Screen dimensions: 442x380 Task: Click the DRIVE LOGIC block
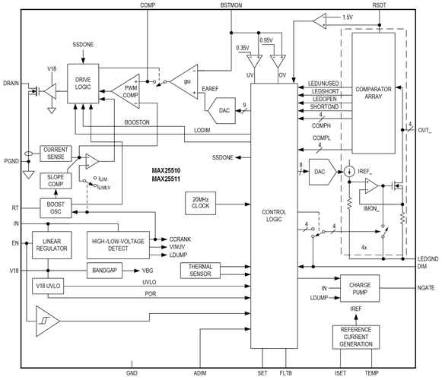coord(83,84)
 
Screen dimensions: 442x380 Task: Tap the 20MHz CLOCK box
coord(200,204)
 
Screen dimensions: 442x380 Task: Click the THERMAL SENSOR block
coord(200,271)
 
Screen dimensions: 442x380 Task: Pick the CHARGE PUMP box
coord(360,289)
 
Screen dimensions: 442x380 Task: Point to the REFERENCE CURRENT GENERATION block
coord(356,337)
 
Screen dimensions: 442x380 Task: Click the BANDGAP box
coord(104,271)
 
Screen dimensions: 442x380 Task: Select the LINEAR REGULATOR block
coord(52,245)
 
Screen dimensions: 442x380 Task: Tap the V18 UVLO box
coord(48,287)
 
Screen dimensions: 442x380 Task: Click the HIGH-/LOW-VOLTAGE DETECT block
coord(118,245)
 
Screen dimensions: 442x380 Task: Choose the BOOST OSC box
coord(56,208)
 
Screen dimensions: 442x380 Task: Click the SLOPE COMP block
coord(56,181)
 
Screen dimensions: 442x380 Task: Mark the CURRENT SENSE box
coord(56,154)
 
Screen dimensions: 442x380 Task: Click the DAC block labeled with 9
coord(222,111)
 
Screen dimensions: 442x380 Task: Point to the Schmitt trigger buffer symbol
coord(47,321)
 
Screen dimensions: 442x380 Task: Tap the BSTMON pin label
coord(231,5)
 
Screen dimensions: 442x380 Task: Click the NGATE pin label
coord(426,288)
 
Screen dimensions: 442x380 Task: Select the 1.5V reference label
coord(348,17)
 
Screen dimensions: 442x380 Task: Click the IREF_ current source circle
coord(349,171)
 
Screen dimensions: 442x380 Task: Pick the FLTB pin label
coord(285,373)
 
